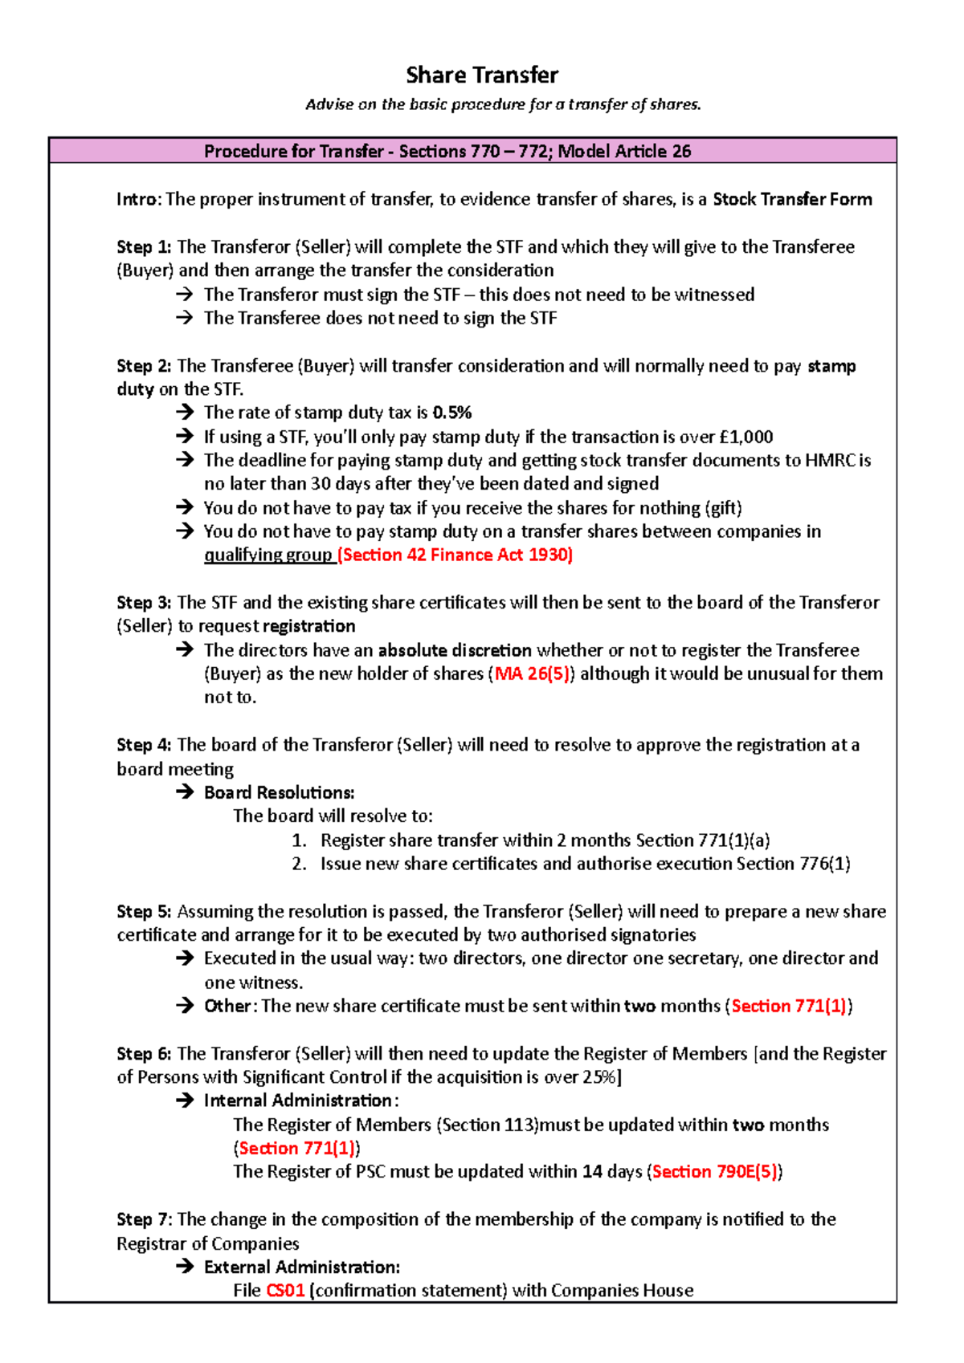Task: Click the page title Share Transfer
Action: coord(482,75)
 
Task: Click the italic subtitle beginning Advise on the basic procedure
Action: coord(503,104)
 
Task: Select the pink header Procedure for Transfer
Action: coord(447,151)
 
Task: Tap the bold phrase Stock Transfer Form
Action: coord(792,199)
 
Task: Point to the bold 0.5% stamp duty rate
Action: coord(452,413)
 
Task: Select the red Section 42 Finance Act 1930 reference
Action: coord(455,555)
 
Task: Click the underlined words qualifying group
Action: coord(268,555)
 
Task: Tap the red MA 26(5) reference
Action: coord(532,673)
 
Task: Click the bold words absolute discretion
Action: coord(455,650)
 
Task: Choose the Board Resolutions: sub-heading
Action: coord(279,792)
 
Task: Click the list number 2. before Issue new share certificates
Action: coord(300,864)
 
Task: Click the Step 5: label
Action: coord(144,912)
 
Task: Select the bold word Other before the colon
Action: coord(227,1006)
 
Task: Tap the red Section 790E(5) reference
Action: coord(714,1172)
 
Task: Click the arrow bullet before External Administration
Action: coord(185,1267)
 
